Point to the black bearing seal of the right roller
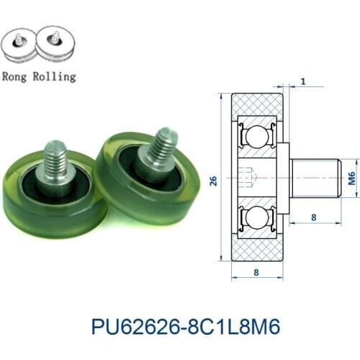[141, 173]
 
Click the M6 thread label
[351, 175]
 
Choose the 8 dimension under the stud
[313, 215]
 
